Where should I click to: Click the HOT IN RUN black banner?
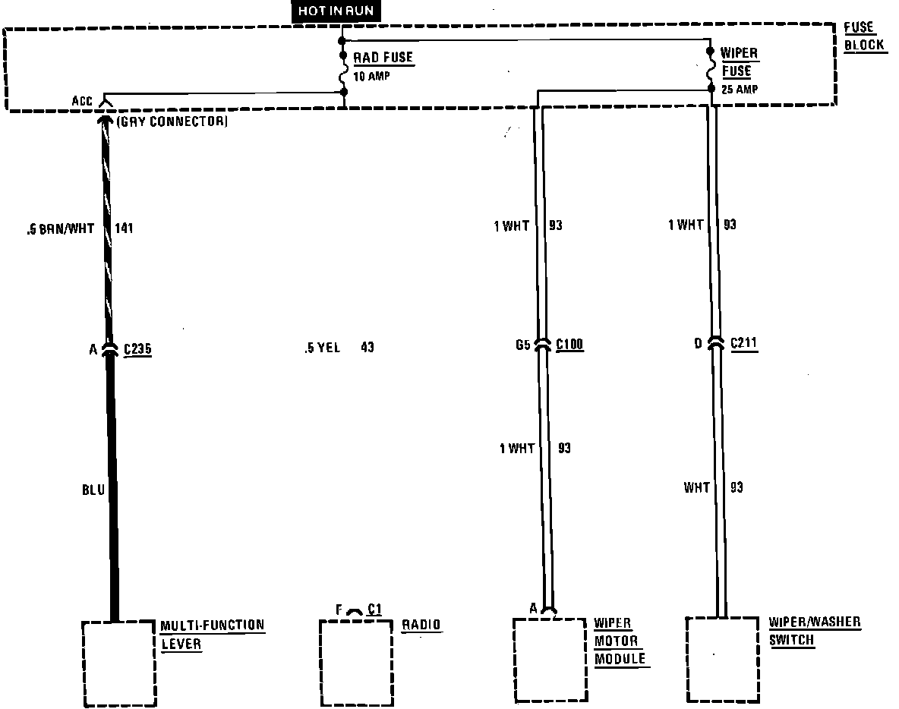[336, 11]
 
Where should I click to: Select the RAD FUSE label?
[383, 58]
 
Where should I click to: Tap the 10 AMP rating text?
[371, 76]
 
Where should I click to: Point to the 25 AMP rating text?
[740, 89]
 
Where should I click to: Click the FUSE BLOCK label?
[864, 36]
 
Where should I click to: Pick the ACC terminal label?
[82, 101]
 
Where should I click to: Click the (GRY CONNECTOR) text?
[172, 121]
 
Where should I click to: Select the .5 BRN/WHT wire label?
[61, 228]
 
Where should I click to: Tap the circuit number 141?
[124, 228]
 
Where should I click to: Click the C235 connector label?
[137, 348]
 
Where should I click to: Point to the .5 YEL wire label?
[323, 348]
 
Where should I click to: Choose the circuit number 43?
[367, 347]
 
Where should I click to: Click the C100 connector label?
[570, 344]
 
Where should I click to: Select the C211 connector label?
[743, 343]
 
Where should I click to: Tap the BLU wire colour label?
[93, 490]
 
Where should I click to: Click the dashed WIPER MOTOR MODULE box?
[514, 660]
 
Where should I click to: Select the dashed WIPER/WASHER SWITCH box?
[687, 659]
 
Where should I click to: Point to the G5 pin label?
[523, 345]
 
